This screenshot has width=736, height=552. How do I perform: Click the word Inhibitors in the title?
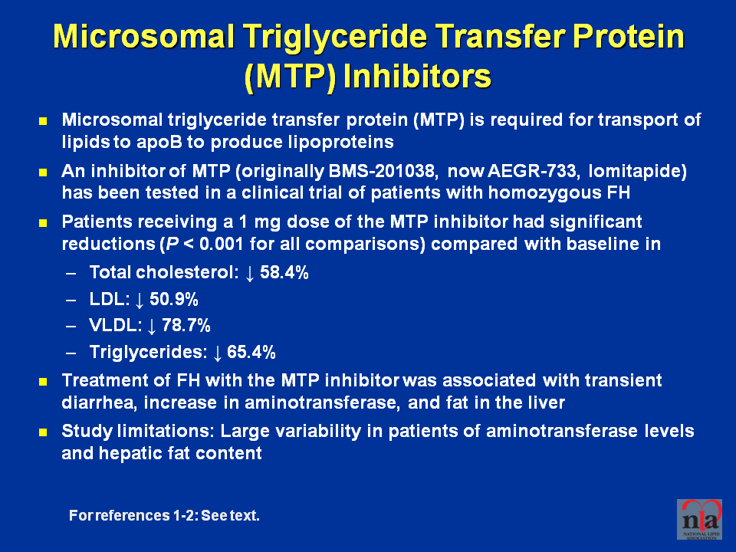coord(417,76)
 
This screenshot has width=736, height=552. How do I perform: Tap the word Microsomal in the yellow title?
coord(143,36)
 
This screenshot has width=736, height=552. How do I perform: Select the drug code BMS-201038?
coord(382,171)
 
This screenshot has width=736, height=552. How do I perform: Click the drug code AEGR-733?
coord(532,171)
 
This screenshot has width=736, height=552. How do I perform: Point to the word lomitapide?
coord(637,171)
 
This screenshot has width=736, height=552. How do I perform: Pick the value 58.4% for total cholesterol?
coord(284,272)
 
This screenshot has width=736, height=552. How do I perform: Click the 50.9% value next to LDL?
coord(174,299)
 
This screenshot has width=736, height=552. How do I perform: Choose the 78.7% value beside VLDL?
coord(186,325)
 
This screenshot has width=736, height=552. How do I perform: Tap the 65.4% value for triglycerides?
coord(251,352)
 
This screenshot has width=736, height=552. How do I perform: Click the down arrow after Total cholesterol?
coord(250,273)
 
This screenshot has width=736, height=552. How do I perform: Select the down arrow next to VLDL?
coord(151,327)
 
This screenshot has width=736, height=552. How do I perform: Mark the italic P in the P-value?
coord(166,244)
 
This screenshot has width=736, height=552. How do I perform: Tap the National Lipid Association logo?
coord(699,519)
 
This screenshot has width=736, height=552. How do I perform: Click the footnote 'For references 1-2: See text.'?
coord(164,515)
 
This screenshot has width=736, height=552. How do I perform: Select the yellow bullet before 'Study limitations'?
coord(43,432)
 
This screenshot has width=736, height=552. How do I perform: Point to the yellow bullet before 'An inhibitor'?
coord(43,172)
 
